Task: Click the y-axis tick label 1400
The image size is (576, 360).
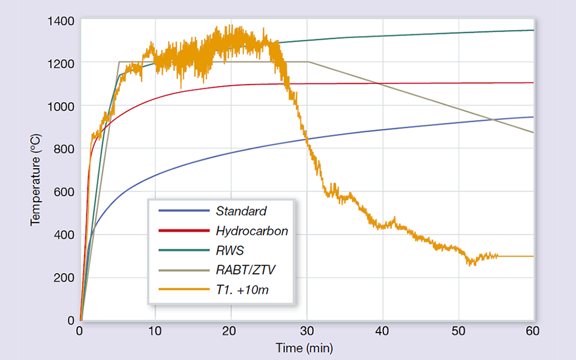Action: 62,21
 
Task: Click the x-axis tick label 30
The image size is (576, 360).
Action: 307,332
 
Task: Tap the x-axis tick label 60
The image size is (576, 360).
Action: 533,332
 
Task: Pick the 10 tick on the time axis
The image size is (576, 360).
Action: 155,332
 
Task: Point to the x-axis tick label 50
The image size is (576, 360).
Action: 458,332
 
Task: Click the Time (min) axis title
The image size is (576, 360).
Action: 304,348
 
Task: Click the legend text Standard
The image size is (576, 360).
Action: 241,211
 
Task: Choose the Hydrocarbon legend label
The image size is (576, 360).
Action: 251,230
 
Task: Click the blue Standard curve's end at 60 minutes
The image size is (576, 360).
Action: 533,117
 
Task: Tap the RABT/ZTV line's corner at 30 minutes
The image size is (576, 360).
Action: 308,62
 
